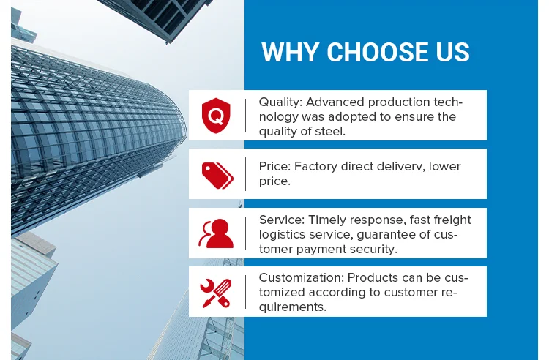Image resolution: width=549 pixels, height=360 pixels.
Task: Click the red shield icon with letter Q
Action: coord(216,116)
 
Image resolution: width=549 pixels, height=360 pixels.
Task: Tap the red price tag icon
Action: coord(217,176)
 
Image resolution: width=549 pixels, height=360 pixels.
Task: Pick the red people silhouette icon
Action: coord(216,233)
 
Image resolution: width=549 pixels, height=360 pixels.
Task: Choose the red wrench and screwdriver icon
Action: coord(216,293)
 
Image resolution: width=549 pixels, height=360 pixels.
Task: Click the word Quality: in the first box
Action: coord(280,102)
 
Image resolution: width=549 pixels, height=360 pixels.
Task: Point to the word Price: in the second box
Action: coord(274,167)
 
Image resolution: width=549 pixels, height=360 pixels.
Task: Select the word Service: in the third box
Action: coord(282,220)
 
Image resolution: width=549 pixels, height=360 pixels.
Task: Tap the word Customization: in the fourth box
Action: coord(302,277)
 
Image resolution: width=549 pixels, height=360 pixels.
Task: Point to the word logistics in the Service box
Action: coord(283,235)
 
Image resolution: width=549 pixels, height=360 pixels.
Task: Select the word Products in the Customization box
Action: coord(373,277)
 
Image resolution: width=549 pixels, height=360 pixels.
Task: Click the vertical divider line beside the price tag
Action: coord(245,174)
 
